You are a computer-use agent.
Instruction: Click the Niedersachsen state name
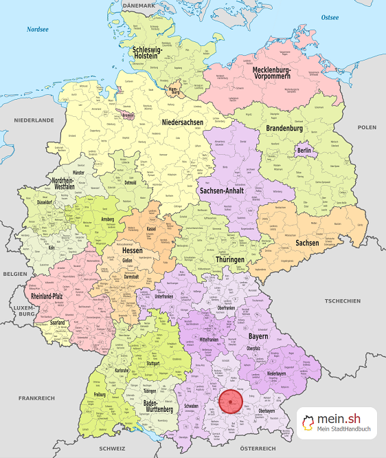point(183,122)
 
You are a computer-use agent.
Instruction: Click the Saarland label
point(57,323)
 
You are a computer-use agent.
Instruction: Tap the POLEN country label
point(367,127)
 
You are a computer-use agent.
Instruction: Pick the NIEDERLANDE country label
point(33,120)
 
